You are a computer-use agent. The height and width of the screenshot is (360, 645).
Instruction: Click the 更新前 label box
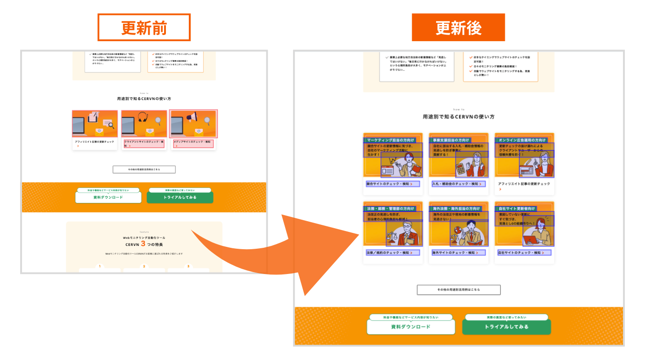[144, 28]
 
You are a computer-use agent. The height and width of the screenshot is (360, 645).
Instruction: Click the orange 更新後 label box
[458, 28]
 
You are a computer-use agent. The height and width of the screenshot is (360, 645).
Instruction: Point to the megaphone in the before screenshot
[192, 117]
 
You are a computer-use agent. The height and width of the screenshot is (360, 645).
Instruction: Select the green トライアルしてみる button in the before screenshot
[180, 197]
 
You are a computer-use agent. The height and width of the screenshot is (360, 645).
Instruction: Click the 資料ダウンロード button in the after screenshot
[410, 327]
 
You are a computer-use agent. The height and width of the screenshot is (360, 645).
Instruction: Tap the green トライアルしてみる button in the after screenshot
[506, 327]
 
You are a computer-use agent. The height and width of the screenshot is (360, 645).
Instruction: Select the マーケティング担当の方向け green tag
[390, 140]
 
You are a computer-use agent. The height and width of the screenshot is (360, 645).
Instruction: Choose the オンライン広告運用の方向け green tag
[522, 140]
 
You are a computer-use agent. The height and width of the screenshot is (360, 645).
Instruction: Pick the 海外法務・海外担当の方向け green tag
[456, 208]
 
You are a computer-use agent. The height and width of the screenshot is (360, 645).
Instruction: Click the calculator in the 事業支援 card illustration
[462, 169]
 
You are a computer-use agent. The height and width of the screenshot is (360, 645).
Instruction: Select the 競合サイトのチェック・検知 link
[393, 184]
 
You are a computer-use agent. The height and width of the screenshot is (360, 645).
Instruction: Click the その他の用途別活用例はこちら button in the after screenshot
[459, 290]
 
